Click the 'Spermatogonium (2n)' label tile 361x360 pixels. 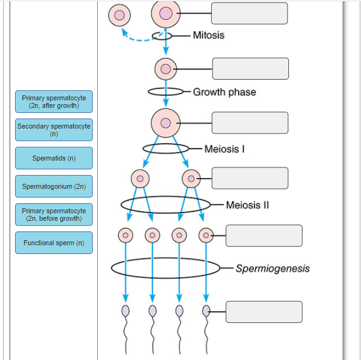tap(54, 186)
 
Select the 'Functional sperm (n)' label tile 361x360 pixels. tap(54, 243)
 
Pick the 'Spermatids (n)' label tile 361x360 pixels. tap(54, 158)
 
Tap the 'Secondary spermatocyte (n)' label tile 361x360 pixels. tap(54, 130)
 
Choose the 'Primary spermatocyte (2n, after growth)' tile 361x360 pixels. tap(54, 102)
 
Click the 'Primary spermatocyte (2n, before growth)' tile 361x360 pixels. tap(54, 214)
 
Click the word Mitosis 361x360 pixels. tap(208, 35)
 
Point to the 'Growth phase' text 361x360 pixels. tap(224, 92)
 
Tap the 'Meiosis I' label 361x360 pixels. tap(224, 149)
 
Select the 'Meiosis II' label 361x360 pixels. tap(247, 205)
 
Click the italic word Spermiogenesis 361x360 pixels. tap(273, 268)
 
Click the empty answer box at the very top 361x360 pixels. tap(249, 13)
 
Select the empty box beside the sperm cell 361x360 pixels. tap(264, 312)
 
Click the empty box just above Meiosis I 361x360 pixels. tap(250, 123)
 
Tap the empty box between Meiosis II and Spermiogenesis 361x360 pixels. tap(264, 236)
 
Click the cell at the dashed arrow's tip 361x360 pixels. tap(120, 14)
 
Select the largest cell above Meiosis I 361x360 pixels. tap(165, 122)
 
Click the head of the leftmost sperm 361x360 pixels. tap(125, 310)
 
